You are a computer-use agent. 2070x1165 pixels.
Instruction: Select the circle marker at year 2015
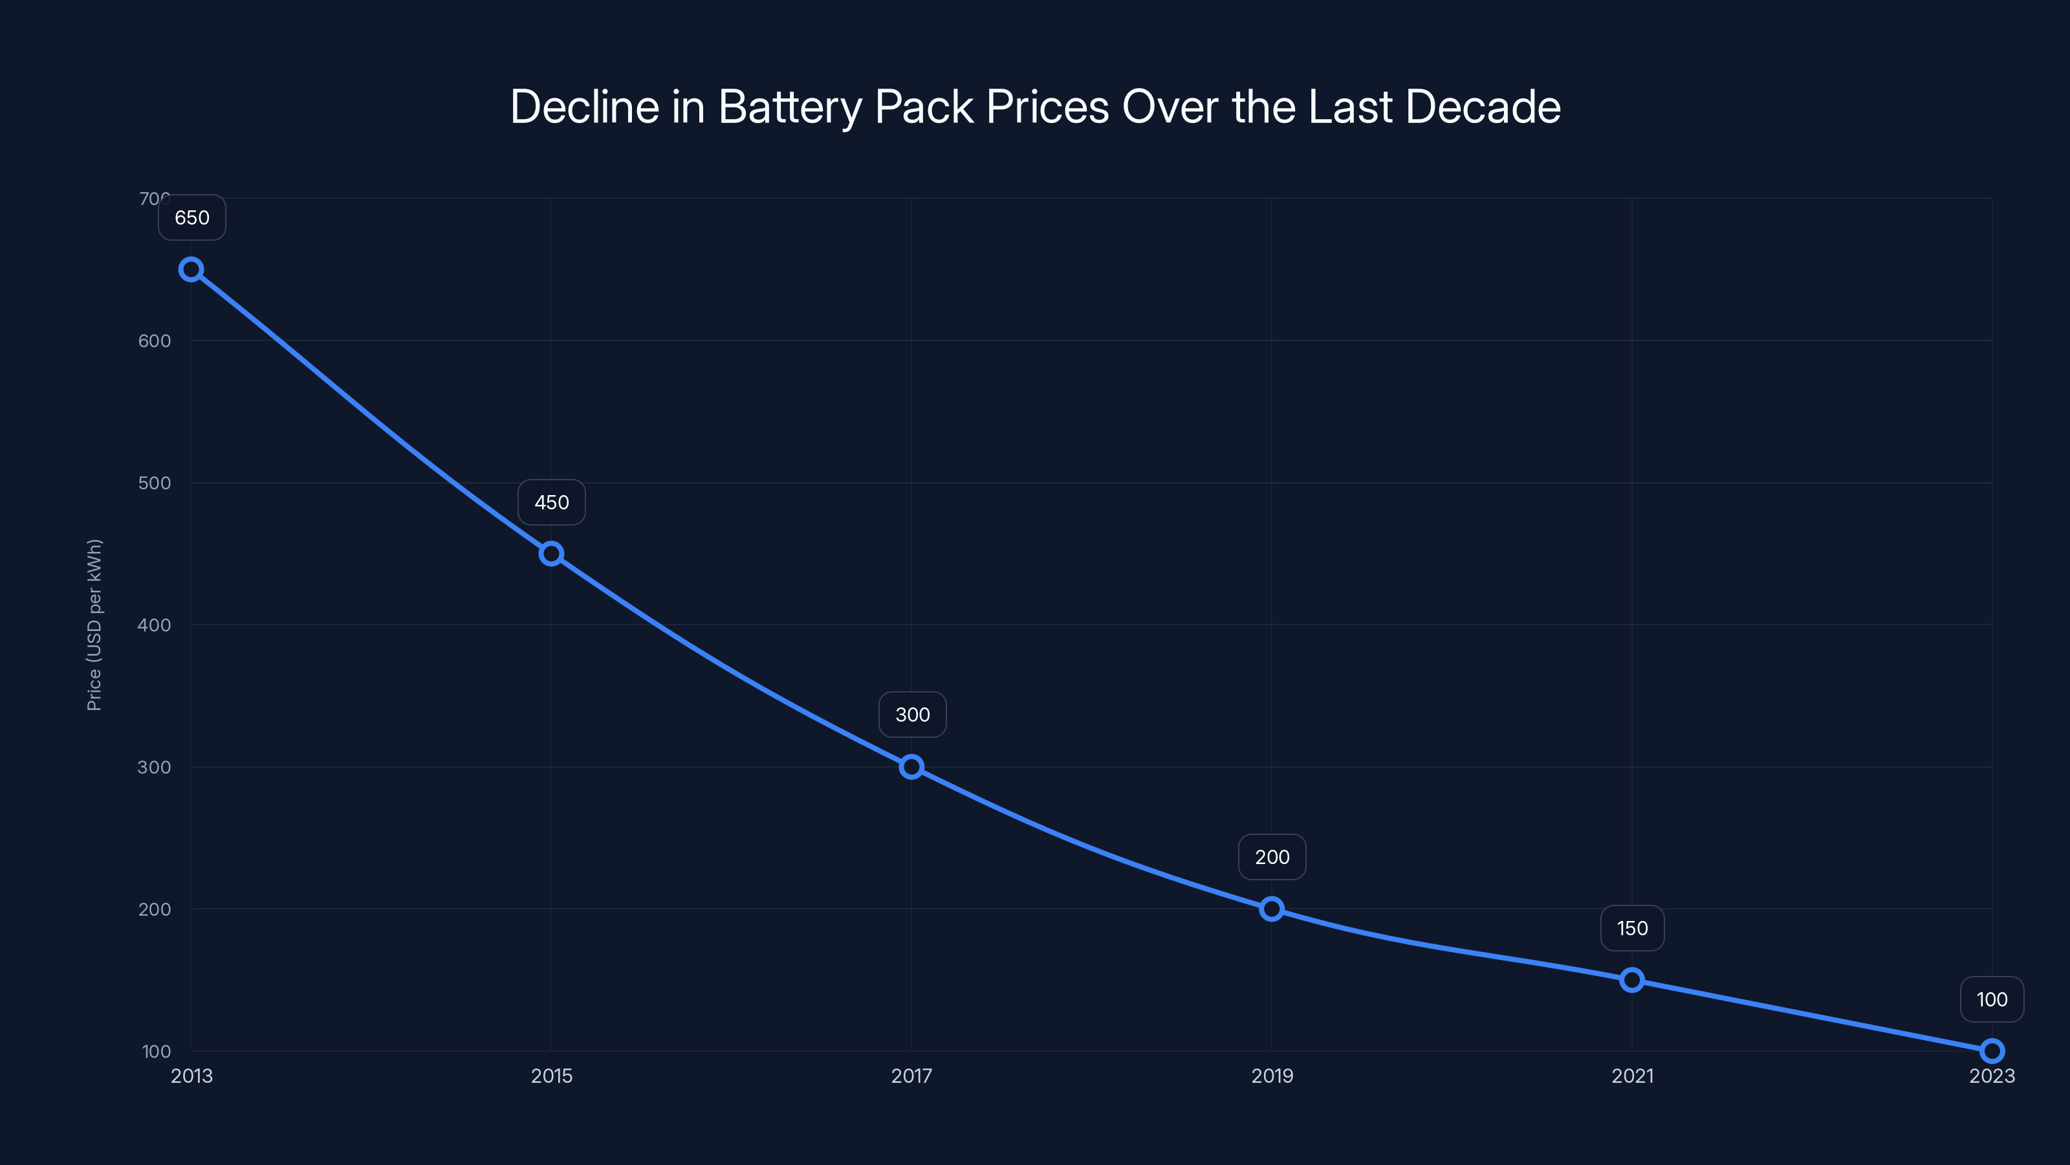(551, 553)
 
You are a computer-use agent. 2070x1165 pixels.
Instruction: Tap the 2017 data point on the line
(911, 766)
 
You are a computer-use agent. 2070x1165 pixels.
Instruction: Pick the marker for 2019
(1271, 909)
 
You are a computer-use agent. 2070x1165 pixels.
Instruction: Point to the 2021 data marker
(1631, 979)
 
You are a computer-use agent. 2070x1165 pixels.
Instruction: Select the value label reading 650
(192, 218)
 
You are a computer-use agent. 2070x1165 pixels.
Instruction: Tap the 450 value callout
(551, 502)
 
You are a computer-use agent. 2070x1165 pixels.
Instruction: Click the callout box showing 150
(1632, 929)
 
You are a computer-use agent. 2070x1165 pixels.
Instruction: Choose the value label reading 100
(1991, 999)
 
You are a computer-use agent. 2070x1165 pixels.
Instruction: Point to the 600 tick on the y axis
(155, 341)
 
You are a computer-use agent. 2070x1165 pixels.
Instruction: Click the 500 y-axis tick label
(155, 483)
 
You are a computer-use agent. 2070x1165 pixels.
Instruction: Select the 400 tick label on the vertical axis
(155, 625)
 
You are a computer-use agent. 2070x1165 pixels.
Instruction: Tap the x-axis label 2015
(551, 1076)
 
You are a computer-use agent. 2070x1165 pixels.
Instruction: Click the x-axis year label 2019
(1272, 1076)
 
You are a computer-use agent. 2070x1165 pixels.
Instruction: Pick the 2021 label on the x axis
(1632, 1076)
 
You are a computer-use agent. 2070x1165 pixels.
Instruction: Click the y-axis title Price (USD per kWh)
(94, 625)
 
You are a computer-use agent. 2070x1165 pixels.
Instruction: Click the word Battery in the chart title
(789, 107)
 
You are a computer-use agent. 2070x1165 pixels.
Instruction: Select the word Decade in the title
(1483, 107)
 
